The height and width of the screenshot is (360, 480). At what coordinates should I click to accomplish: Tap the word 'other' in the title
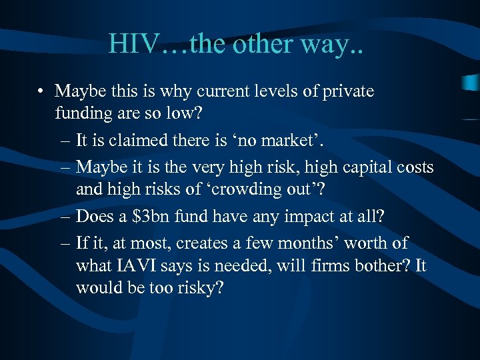click(x=265, y=44)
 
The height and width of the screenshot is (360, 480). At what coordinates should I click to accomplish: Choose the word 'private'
click(x=349, y=91)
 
